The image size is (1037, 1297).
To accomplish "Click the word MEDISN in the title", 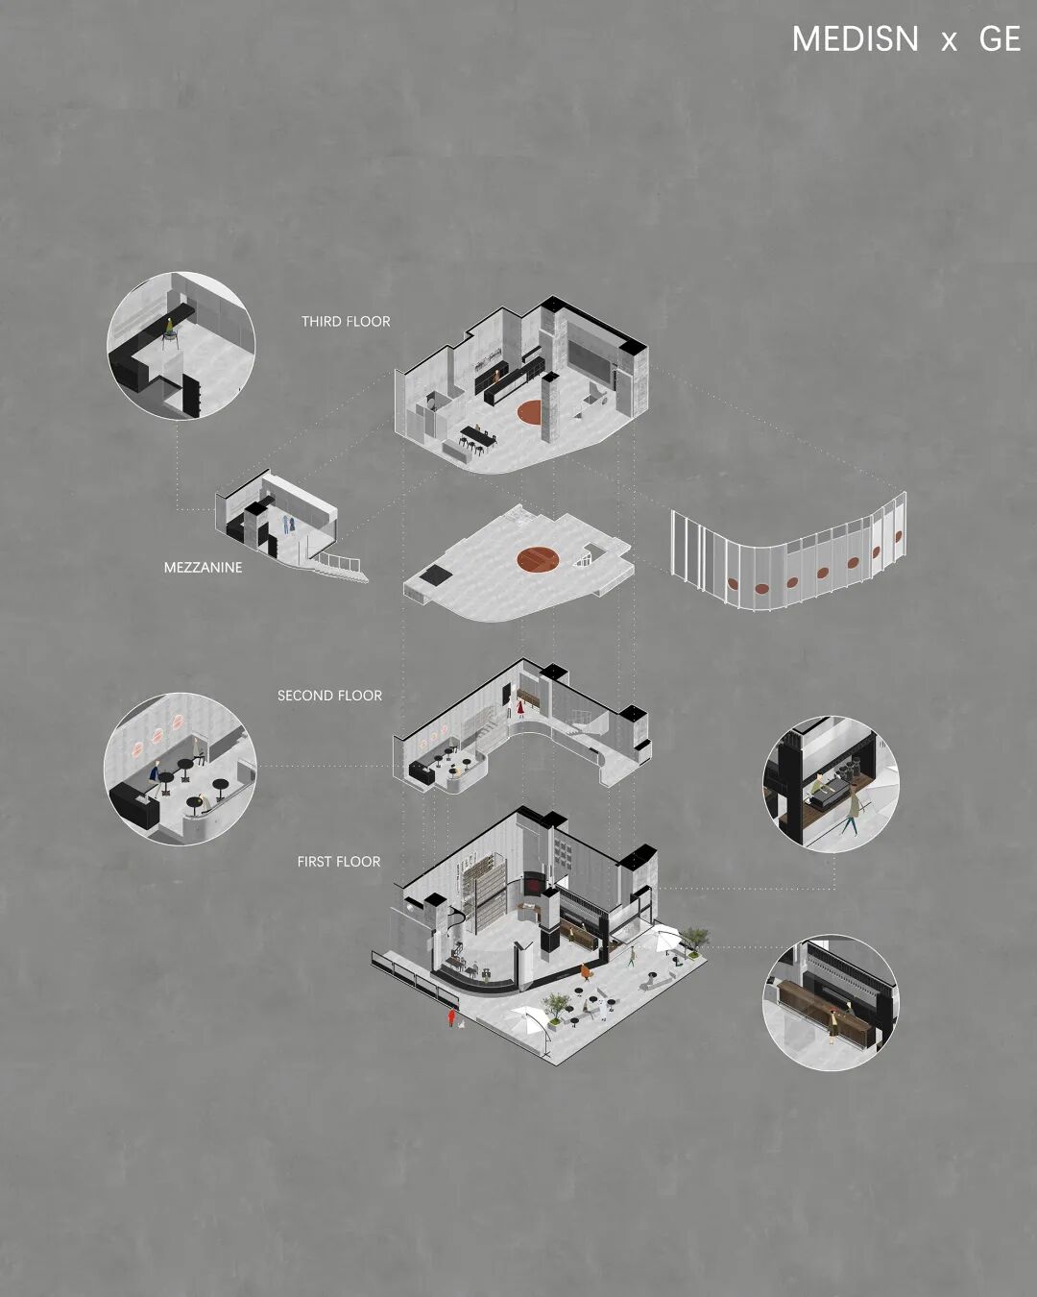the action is (855, 39).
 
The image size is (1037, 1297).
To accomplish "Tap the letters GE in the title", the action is (1000, 39).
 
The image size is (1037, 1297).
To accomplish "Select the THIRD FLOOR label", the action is (346, 322).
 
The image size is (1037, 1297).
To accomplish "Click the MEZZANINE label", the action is (203, 567).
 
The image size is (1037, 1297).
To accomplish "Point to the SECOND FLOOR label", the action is (329, 696).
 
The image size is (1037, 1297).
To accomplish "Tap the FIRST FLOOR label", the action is (339, 862).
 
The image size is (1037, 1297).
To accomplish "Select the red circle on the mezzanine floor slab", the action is (538, 559).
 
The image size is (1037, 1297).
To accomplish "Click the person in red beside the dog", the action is (450, 1018).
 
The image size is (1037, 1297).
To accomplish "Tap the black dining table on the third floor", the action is (479, 435).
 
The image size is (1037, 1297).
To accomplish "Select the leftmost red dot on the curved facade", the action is (733, 583).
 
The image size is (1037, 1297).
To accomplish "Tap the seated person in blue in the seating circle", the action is (155, 779).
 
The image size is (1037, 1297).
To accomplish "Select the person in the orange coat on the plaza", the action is (584, 971).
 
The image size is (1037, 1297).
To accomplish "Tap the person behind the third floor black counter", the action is (496, 378).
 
